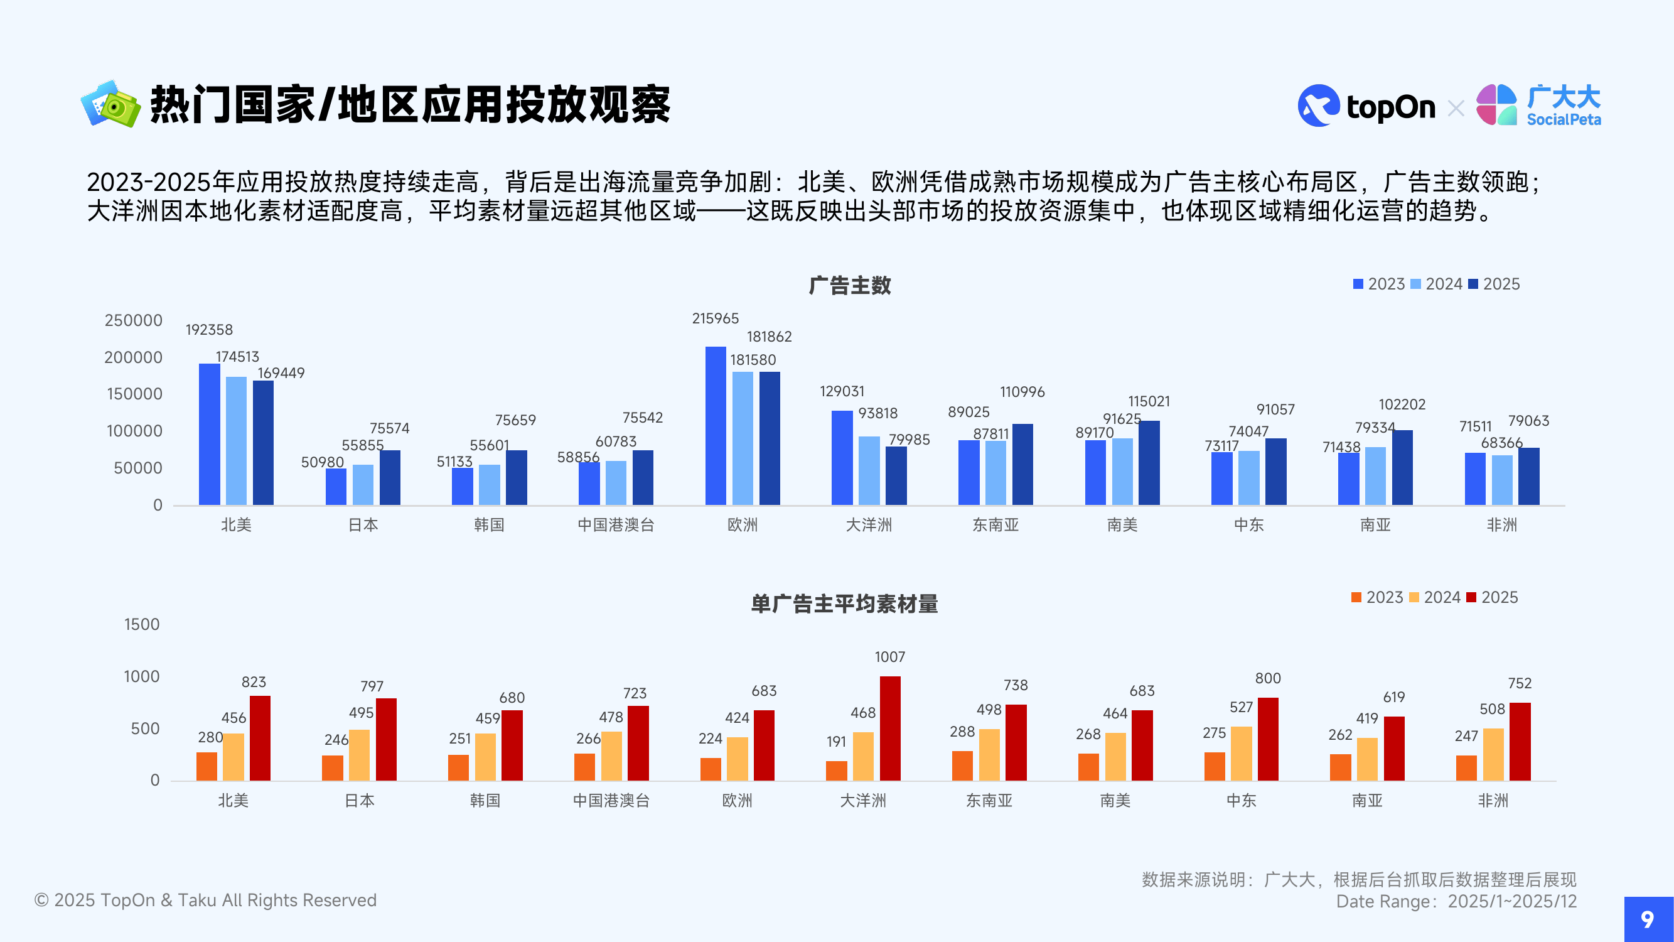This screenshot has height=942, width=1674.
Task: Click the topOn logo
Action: (1366, 106)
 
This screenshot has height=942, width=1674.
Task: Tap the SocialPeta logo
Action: (1538, 106)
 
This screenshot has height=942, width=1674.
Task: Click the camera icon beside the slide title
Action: (110, 104)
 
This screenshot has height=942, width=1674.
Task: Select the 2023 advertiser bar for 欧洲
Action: (716, 425)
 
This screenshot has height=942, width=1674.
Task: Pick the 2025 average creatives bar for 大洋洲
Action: (889, 728)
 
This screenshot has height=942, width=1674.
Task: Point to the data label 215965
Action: (716, 318)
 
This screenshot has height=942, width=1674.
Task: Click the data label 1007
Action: (889, 657)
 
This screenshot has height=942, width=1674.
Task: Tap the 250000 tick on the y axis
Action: (133, 320)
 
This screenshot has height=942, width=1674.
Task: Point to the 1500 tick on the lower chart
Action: (142, 624)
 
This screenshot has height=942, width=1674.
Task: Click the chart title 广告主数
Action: (849, 285)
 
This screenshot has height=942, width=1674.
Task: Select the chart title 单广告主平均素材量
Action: (844, 604)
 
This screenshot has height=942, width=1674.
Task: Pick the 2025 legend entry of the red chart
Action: (1493, 597)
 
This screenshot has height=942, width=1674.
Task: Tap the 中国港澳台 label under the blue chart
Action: (615, 524)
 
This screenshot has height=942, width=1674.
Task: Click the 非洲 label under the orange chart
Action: (1493, 800)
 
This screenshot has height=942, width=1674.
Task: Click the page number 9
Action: (1648, 919)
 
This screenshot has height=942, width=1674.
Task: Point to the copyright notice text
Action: (205, 900)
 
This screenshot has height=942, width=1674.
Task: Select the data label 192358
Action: (209, 330)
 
